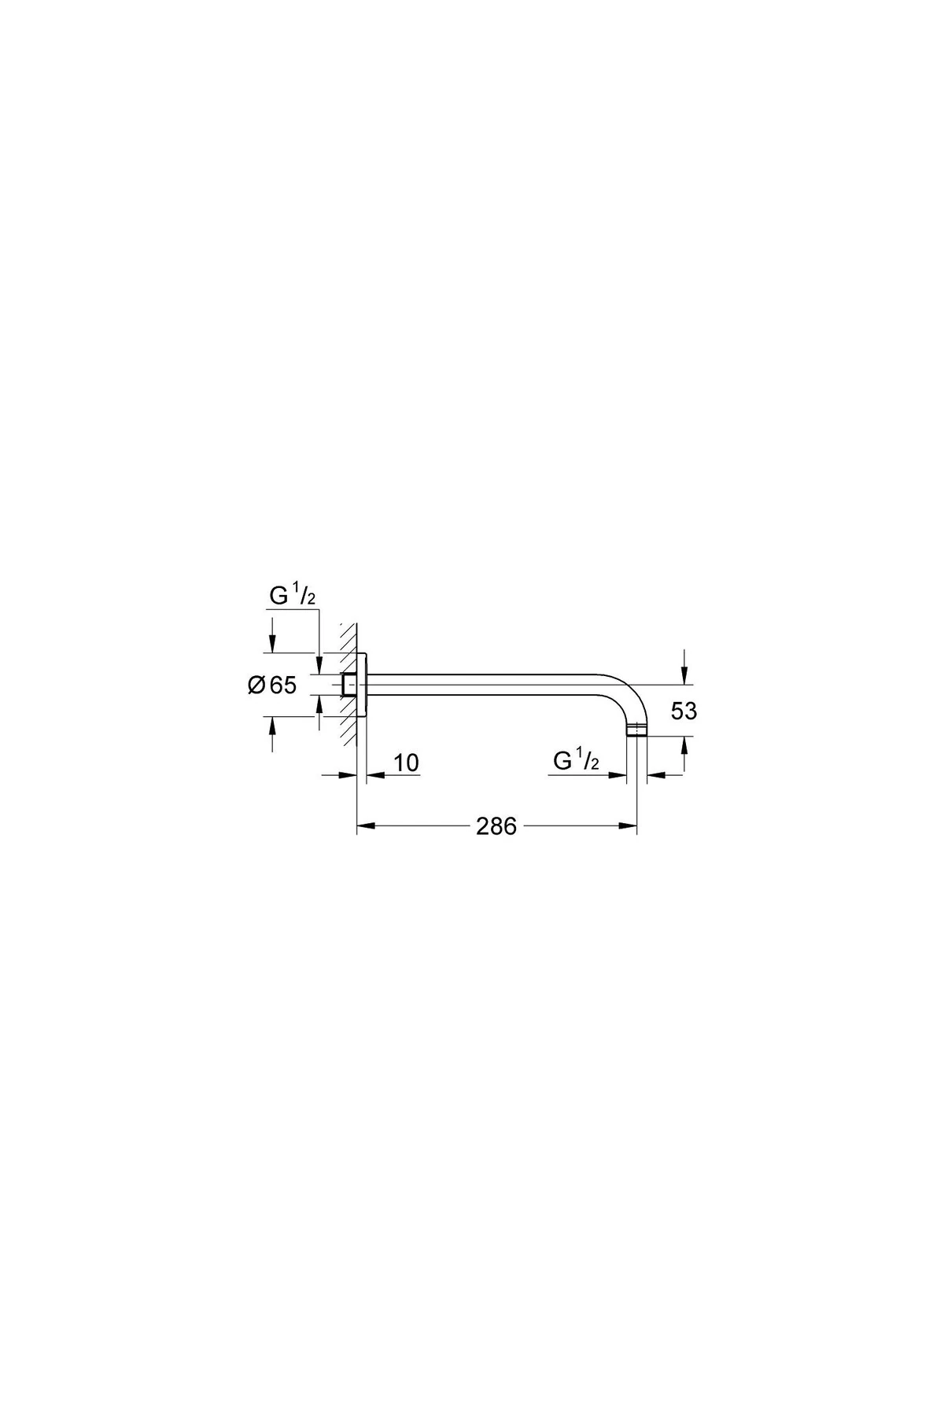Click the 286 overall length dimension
click(496, 826)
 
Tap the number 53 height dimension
click(684, 711)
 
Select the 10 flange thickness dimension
click(406, 763)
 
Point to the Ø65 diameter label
click(272, 685)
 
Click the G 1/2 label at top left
click(293, 597)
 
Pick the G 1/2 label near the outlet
click(577, 761)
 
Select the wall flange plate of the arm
click(362, 685)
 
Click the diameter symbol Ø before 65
click(256, 685)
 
